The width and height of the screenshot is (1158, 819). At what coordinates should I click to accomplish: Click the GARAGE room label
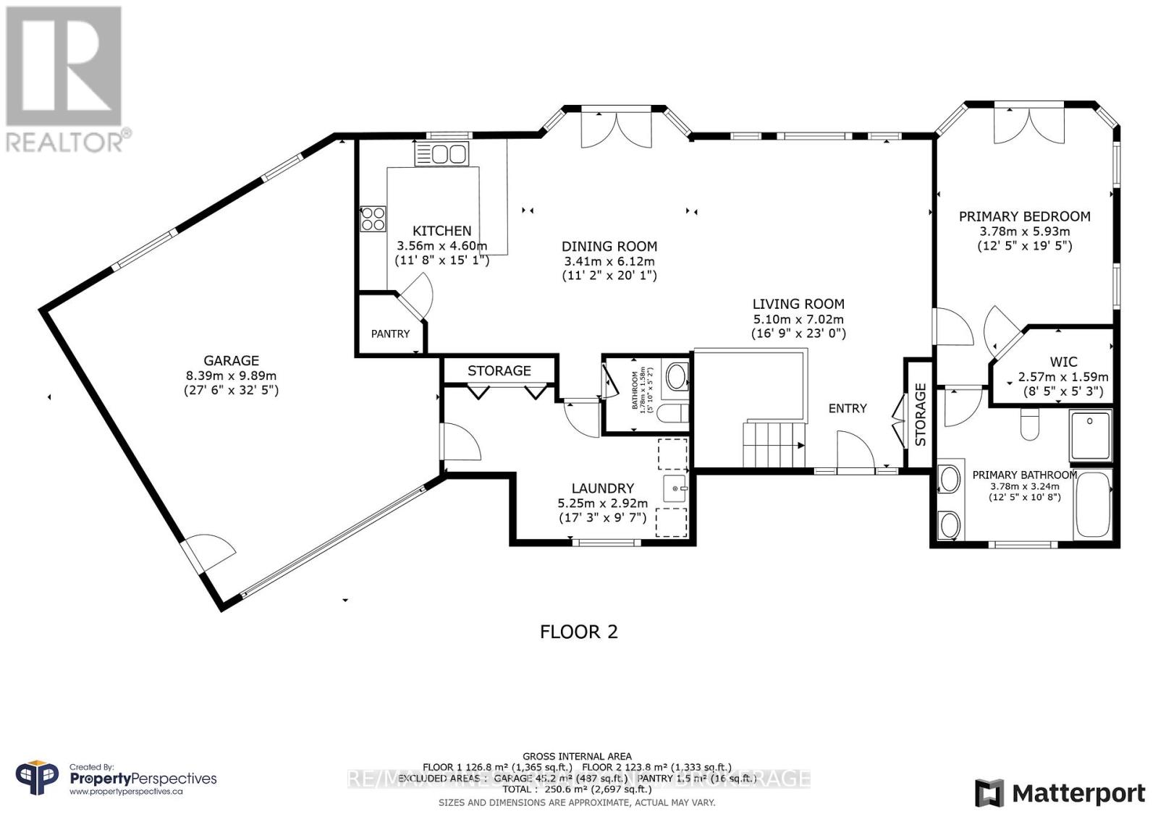(231, 360)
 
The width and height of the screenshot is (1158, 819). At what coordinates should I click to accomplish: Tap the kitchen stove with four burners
(373, 218)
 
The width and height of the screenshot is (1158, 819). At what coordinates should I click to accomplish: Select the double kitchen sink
(441, 154)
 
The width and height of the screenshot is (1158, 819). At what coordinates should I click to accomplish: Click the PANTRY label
(390, 334)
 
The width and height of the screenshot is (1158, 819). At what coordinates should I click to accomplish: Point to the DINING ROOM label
(609, 247)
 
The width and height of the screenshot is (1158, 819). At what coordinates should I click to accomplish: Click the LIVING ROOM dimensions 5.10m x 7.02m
(798, 319)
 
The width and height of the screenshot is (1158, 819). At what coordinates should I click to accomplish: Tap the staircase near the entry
(772, 444)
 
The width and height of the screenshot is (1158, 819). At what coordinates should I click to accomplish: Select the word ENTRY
(848, 408)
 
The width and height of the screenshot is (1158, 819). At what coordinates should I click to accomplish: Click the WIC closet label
(1063, 362)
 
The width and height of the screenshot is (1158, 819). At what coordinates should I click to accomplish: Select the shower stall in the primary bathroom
(1091, 435)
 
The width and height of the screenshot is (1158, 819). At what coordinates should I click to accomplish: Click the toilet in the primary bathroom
(1029, 426)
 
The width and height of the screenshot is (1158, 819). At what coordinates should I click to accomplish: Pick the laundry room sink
(675, 488)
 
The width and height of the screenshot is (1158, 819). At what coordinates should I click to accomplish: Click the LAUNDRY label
(602, 488)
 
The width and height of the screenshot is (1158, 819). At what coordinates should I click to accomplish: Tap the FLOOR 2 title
(579, 632)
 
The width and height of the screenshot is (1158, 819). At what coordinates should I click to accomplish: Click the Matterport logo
(1060, 793)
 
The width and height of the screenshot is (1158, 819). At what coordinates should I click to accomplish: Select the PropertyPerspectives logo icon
(37, 778)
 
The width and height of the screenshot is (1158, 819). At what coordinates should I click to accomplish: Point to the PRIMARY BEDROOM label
(1024, 216)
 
